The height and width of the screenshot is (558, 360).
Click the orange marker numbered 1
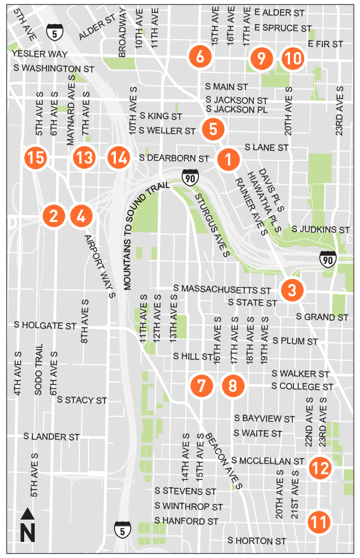(229, 159)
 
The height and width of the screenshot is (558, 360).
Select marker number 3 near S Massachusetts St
(292, 290)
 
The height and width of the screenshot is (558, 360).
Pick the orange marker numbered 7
(201, 386)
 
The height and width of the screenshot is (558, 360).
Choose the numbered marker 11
(319, 522)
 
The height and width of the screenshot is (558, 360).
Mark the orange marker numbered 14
(118, 157)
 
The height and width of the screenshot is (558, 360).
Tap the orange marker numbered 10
(293, 59)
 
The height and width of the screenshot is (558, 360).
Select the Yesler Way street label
(40, 55)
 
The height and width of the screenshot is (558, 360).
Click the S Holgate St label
(45, 325)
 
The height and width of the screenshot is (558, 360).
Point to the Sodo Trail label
(38, 370)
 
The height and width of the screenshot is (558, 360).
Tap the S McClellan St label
(268, 461)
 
